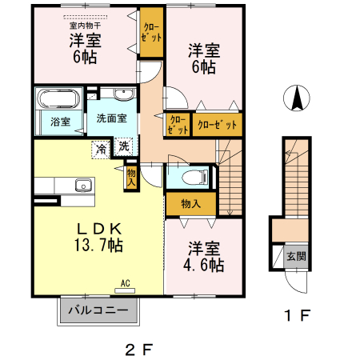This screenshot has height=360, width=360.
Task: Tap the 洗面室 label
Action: [x=112, y=118]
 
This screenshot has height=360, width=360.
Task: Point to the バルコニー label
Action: [x=98, y=310]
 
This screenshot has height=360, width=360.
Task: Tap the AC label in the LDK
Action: [x=126, y=282]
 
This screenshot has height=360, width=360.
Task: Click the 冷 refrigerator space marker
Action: [x=102, y=148]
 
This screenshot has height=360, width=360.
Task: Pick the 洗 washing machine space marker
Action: [x=124, y=146]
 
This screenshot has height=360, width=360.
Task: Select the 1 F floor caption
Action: [x=296, y=314]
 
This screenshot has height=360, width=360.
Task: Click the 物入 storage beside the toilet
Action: [x=190, y=204]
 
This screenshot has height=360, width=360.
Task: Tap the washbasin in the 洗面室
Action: [x=124, y=97]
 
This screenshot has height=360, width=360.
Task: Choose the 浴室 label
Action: [x=60, y=122]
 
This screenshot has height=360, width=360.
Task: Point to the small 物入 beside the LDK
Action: [x=131, y=177]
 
